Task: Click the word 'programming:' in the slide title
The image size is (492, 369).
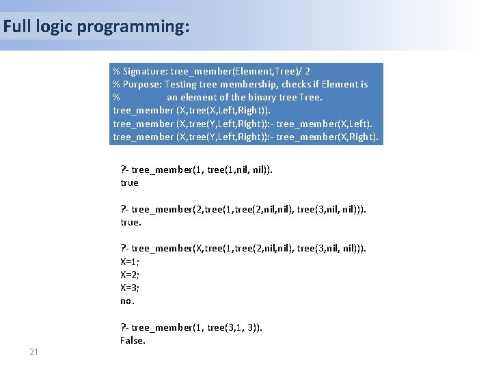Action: pos(133,27)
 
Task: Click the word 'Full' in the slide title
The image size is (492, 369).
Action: pos(16,27)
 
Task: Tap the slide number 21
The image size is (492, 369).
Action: pos(33,351)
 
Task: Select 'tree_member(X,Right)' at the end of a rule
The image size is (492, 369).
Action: pos(327,137)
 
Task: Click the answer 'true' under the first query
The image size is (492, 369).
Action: pos(129,182)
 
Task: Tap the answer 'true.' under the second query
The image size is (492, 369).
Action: pos(131,222)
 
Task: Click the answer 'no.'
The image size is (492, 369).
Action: pos(127,301)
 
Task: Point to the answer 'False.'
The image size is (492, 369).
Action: pos(133,340)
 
